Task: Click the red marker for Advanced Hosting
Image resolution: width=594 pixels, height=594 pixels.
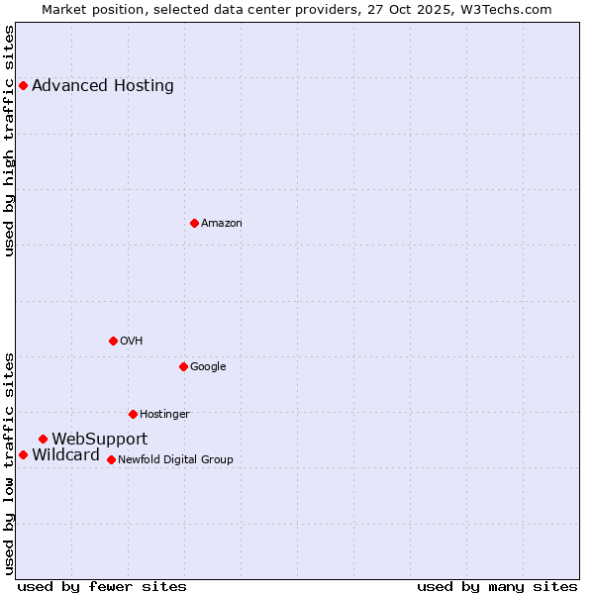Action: point(23,86)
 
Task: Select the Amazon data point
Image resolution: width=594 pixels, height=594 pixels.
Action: point(194,223)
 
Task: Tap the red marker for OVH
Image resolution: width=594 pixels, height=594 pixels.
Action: point(113,341)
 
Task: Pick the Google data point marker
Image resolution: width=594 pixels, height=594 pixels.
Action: point(183,366)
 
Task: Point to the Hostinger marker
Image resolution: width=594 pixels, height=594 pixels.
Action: point(133,414)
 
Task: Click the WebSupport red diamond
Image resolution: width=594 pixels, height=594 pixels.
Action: point(43,439)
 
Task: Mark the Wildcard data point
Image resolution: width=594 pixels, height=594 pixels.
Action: point(23,454)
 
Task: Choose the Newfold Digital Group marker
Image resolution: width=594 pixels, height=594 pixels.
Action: point(111,459)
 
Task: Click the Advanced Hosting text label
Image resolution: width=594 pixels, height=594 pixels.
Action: point(103,86)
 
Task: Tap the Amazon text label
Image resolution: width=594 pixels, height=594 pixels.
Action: point(222,224)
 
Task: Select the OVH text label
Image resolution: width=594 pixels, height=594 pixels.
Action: point(132,342)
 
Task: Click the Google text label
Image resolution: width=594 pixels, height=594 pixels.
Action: point(208,367)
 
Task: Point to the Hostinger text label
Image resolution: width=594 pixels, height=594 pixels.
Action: point(164,415)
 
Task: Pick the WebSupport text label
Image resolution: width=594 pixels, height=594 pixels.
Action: point(100,440)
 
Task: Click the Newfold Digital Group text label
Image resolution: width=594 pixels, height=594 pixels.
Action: point(175,460)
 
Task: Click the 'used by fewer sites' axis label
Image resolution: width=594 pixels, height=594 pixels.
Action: point(102,586)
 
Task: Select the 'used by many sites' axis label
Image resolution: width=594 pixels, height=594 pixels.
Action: point(497,586)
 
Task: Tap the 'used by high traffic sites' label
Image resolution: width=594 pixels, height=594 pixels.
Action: point(10,141)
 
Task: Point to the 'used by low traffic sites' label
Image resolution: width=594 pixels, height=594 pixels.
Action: point(10,462)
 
